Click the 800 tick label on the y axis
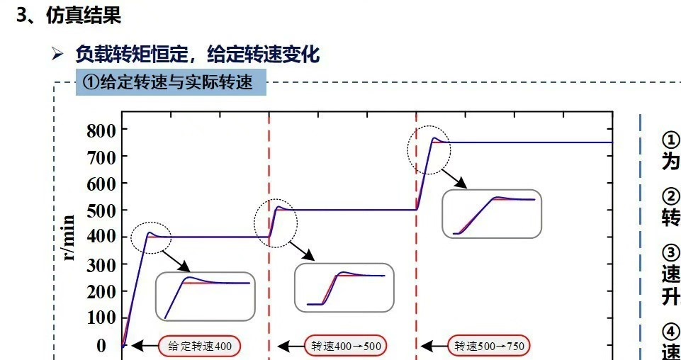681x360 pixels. [x=101, y=130]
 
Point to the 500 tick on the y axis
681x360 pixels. [x=101, y=210]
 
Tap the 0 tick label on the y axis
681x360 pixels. [x=101, y=345]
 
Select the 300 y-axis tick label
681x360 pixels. [x=101, y=264]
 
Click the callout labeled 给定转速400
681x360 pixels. [x=200, y=346]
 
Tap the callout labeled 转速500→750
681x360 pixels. [x=489, y=346]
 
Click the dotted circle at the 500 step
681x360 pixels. [x=276, y=223]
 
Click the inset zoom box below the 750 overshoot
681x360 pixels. [x=491, y=213]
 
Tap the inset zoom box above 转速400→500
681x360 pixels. [x=344, y=287]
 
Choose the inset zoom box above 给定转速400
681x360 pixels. [x=205, y=296]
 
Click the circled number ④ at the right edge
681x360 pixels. [x=670, y=331]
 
